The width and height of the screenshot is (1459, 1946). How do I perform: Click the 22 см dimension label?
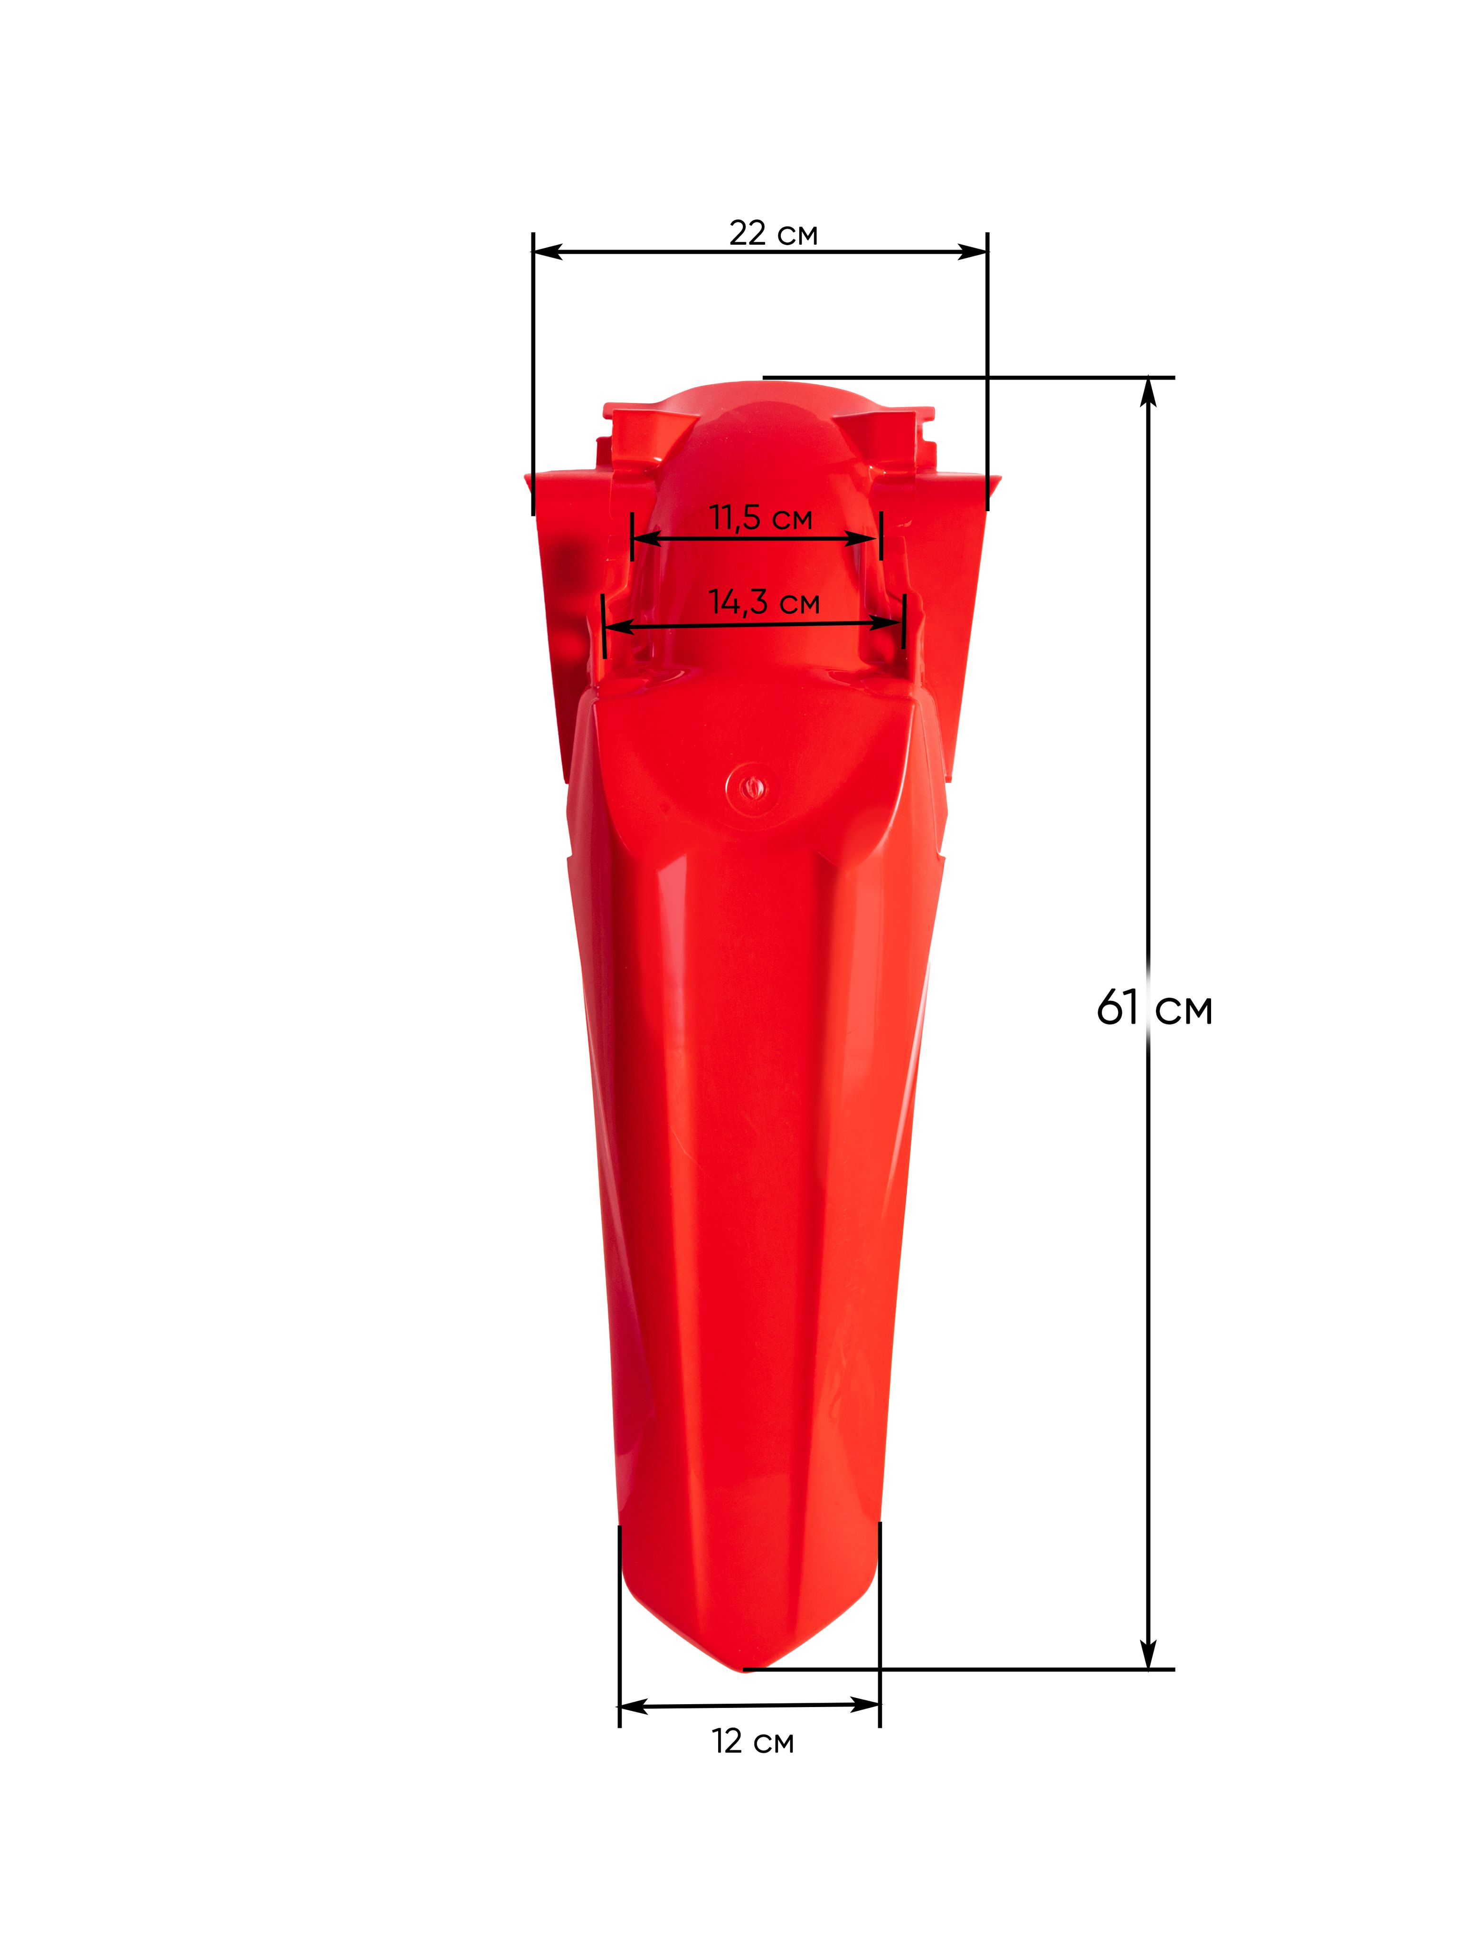pyautogui.click(x=773, y=233)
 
